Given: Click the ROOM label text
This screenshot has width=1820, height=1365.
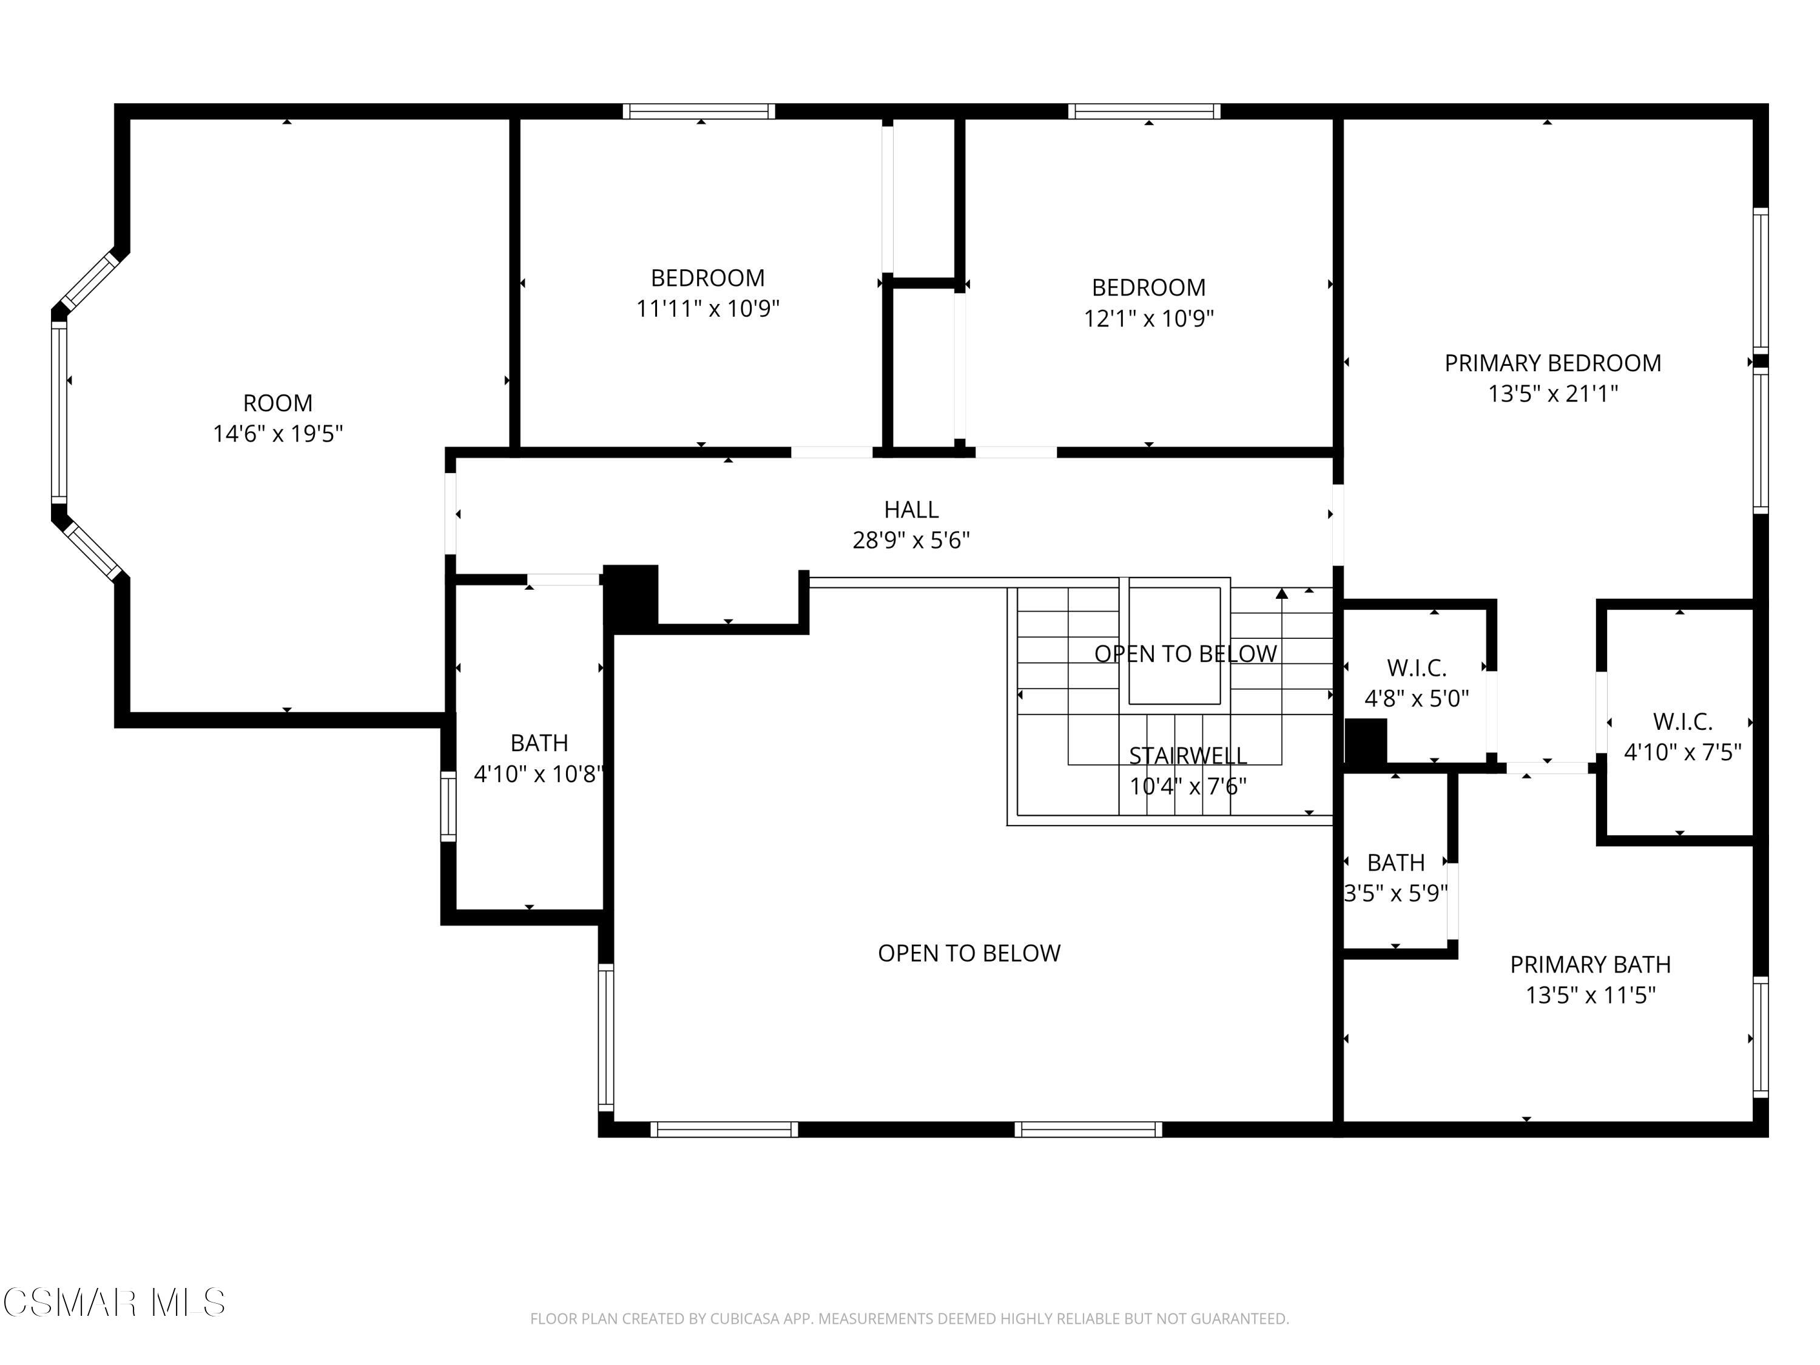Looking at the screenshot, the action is click(277, 403).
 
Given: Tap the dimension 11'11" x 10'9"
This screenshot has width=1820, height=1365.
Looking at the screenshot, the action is click(707, 309).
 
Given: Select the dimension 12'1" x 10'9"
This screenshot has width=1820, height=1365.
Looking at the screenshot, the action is click(1148, 318).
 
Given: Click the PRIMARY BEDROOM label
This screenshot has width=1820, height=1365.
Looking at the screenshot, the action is click(1552, 363).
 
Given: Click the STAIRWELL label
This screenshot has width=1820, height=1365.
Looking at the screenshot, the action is click(1187, 755).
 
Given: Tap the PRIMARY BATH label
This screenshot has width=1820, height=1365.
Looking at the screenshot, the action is click(1591, 965).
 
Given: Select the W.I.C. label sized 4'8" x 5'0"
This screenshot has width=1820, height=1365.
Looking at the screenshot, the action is click(1417, 667).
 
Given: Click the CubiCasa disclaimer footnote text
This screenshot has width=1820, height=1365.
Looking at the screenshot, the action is click(909, 1319).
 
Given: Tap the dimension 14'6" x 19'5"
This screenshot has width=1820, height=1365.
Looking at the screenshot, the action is click(277, 434).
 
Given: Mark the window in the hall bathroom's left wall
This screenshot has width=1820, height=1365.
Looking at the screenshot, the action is click(448, 806).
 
